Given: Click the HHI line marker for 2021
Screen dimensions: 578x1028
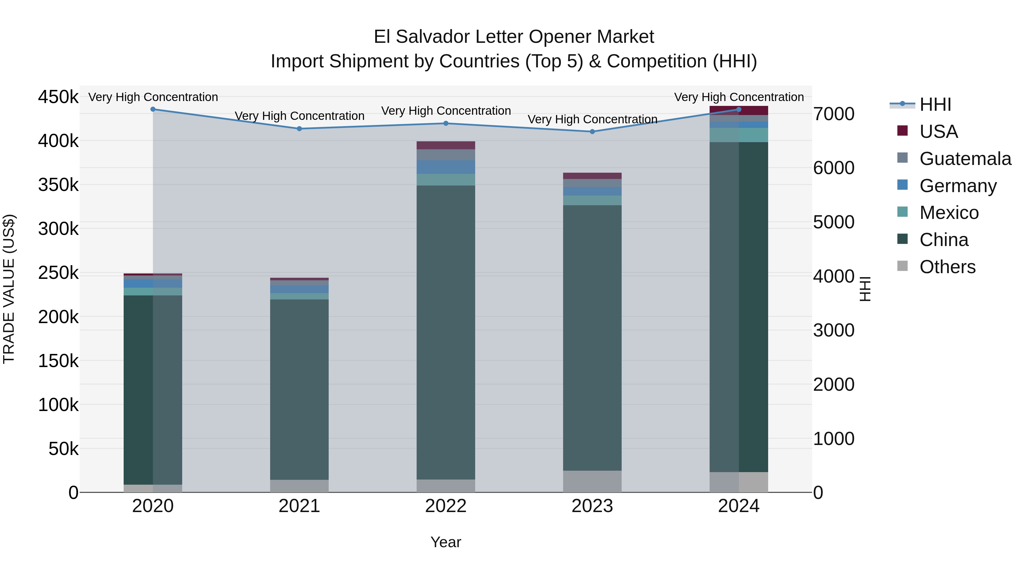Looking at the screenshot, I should coord(299,128).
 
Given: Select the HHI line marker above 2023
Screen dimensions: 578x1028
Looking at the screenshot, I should coord(592,132).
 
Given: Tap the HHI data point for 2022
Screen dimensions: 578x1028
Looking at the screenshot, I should coord(446,123).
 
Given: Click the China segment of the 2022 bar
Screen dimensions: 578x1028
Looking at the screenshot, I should coord(446,331).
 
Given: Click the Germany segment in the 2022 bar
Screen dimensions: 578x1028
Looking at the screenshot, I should coord(446,167).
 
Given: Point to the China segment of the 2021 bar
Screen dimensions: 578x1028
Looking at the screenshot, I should coord(299,389).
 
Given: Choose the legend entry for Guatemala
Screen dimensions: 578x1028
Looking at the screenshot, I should coord(965,159).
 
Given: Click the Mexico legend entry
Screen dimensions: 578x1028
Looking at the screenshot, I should coord(949,213).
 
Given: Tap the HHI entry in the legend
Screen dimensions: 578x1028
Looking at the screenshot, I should coord(935,104).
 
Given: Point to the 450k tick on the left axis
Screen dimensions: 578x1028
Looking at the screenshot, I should coord(58,97).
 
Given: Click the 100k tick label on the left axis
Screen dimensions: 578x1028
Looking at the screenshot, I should coord(58,405).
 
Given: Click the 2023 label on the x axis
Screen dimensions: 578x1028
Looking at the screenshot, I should coord(592,506).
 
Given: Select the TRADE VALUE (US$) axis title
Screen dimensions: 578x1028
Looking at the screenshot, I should coord(9,289).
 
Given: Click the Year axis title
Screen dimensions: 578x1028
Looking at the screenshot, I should coord(446,542).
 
